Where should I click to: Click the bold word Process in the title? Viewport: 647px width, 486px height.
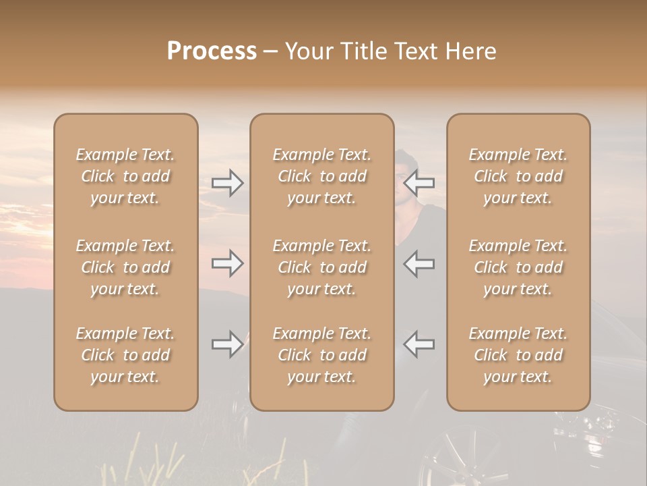coord(212,51)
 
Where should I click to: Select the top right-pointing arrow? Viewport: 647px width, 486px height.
coord(228,182)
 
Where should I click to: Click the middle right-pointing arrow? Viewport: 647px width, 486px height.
coord(228,263)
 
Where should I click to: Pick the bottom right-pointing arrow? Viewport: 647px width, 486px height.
coord(228,344)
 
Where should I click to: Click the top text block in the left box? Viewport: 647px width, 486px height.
coord(125,176)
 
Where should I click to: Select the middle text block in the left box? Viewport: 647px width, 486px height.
coord(125,267)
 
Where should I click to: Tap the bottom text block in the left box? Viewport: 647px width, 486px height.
coord(125,355)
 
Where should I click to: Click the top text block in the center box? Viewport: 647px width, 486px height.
coord(321,176)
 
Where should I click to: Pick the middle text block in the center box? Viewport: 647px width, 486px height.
coord(321,267)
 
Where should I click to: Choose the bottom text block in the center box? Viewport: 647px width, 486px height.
coord(321,355)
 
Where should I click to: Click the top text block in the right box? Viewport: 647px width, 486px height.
coord(518,176)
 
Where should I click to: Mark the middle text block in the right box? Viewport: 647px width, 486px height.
coord(518,267)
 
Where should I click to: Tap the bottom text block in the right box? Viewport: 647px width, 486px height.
coord(518,355)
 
